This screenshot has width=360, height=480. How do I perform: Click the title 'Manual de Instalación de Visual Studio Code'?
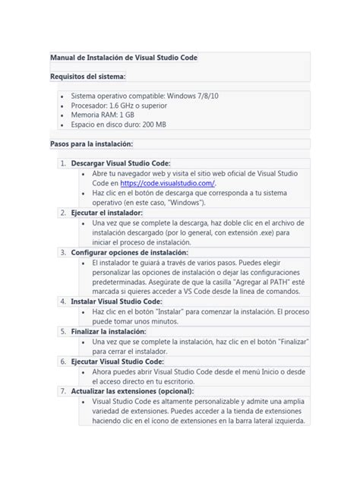124,58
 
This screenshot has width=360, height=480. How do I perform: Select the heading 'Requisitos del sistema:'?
88,77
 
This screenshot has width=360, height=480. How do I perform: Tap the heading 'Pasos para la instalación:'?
91,144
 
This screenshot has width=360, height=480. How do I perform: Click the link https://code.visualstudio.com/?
168,183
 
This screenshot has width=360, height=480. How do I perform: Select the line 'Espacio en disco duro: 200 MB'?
118,125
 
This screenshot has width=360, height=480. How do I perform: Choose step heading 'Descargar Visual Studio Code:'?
121,163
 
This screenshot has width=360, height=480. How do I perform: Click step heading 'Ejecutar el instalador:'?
107,213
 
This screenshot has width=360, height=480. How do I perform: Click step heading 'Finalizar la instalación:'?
109,332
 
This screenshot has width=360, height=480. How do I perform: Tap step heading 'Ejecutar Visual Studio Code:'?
117,362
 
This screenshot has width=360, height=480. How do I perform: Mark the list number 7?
62,391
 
